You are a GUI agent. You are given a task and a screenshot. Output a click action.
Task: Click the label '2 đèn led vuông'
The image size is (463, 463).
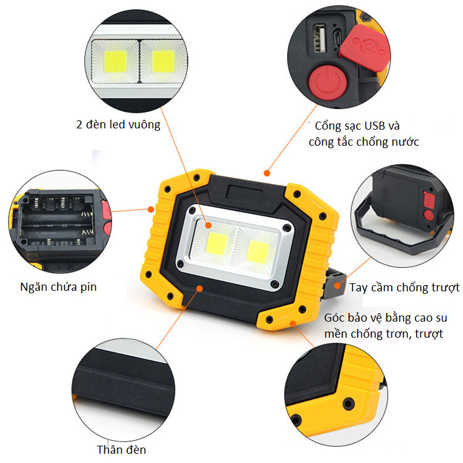click(x=118, y=124)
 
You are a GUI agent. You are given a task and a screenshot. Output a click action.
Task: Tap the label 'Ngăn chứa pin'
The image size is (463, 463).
click(x=58, y=286)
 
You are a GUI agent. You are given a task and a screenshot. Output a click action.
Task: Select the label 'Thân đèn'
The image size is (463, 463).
click(x=122, y=449)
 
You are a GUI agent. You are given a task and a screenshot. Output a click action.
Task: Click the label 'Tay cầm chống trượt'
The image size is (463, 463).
click(x=404, y=288)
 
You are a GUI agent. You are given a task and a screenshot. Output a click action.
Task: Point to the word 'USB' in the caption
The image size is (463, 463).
click(x=375, y=126)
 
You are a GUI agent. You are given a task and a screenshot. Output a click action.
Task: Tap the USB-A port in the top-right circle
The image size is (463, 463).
click(x=319, y=38)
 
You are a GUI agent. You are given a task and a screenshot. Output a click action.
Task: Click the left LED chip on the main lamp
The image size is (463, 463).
click(x=217, y=244)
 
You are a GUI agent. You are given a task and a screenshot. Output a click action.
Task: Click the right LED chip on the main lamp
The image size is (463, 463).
click(x=257, y=251)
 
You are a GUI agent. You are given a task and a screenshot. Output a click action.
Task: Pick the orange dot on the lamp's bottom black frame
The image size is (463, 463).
click(x=199, y=288)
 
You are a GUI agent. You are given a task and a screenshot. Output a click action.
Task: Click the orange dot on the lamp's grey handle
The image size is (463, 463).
click(x=337, y=286)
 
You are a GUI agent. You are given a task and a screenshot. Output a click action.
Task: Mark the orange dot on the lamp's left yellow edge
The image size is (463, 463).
click(x=151, y=209)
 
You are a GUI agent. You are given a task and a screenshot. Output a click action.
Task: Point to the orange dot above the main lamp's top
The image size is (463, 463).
click(x=267, y=173)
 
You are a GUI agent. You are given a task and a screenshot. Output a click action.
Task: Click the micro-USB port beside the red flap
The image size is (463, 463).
click(x=337, y=38)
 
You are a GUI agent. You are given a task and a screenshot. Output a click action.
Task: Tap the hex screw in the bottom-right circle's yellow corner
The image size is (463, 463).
click(x=348, y=404)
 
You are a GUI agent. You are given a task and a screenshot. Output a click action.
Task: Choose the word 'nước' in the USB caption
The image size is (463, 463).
click(x=405, y=142)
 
